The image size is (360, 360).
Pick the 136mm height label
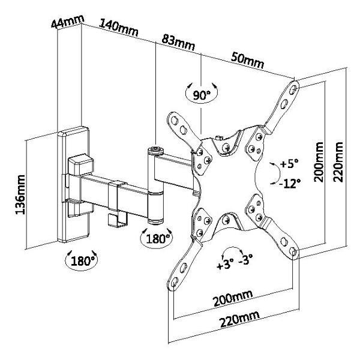tap(21, 194)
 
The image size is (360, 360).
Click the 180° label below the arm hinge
tap(155, 238)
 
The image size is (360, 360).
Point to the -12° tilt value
tap(289, 183)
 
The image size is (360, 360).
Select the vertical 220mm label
tap(340, 163)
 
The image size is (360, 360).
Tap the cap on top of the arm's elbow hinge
tap(155, 148)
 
